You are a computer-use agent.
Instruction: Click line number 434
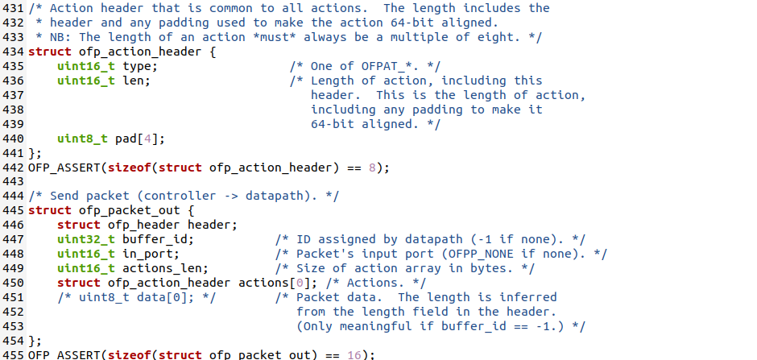(13, 52)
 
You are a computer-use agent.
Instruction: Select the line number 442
(13, 168)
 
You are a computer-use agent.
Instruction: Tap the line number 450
(13, 283)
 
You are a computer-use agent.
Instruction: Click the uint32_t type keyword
(85, 239)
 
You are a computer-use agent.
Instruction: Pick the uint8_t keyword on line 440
(82, 139)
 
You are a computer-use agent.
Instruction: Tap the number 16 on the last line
(354, 354)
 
